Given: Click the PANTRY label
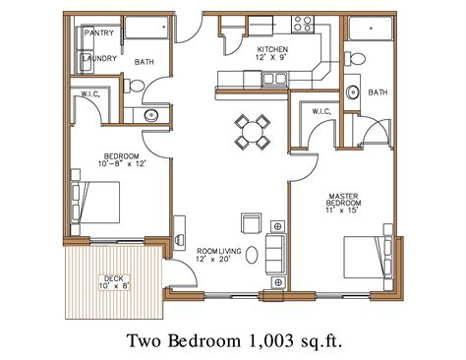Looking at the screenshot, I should (99, 32).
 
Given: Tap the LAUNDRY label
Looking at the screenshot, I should (100, 58).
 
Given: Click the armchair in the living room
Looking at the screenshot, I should (252, 221).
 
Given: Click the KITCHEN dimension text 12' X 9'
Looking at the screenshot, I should (270, 58).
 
